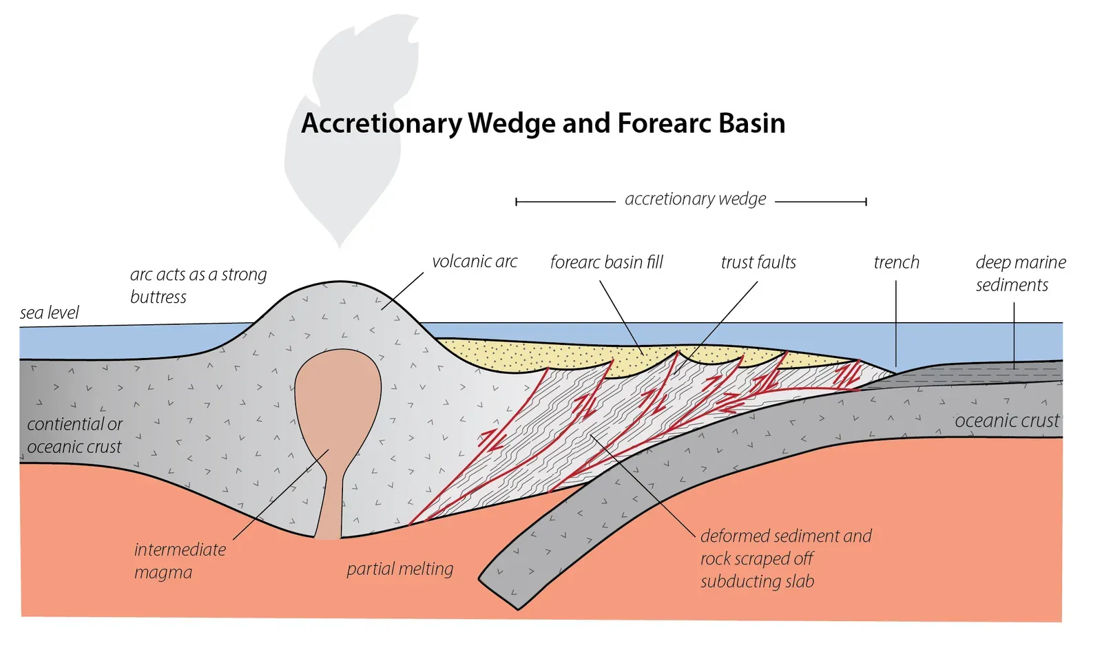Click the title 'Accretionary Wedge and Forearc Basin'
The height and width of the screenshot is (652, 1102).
pos(543,124)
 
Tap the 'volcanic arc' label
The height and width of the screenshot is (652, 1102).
pos(474,262)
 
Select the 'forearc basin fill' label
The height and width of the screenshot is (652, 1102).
pos(606,262)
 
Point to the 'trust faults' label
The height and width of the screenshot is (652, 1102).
pos(758,262)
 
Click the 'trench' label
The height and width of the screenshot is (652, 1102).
pos(896,262)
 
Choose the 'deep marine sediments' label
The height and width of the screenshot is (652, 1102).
pos(1019,273)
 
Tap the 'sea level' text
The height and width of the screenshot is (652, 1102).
pos(49,313)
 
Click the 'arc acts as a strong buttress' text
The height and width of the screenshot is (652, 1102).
pos(198,285)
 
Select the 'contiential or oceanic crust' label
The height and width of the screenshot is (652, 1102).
pos(74,435)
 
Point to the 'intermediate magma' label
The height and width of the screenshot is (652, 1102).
pos(179,560)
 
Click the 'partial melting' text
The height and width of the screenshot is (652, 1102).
pos(399,569)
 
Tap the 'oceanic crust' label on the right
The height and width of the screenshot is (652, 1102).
pos(1006,421)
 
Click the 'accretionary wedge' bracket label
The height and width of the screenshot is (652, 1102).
pos(694,199)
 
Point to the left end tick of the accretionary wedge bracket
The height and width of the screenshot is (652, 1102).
pos(517,202)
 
